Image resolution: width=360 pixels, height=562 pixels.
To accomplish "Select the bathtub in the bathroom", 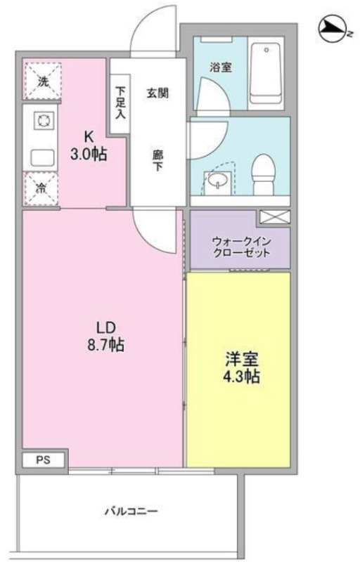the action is (265, 74).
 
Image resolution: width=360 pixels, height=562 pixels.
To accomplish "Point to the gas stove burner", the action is (44, 120).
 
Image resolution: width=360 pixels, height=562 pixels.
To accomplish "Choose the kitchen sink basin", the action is (42, 158).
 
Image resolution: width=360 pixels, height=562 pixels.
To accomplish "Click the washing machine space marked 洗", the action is (43, 81).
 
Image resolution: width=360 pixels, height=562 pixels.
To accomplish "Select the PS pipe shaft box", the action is (44, 460).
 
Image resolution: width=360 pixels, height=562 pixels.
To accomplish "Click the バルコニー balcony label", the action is (131, 511).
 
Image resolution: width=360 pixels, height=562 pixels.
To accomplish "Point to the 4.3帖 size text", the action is (241, 377).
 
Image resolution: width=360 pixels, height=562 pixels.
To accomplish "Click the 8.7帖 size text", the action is (106, 344).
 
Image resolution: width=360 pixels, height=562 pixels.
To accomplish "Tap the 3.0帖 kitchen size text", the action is (88, 154).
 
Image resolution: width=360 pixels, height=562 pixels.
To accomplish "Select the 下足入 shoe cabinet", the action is (120, 103).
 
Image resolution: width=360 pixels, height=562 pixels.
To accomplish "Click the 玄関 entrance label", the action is (157, 93).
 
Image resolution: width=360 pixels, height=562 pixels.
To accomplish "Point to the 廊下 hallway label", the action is (157, 161).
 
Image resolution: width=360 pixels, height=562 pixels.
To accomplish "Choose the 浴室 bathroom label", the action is (221, 67).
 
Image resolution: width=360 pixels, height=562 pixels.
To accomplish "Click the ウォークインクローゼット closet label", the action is (241, 247).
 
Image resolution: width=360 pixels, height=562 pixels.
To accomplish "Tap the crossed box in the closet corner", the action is (275, 217).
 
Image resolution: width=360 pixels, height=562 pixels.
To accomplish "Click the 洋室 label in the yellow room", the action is (242, 359).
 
